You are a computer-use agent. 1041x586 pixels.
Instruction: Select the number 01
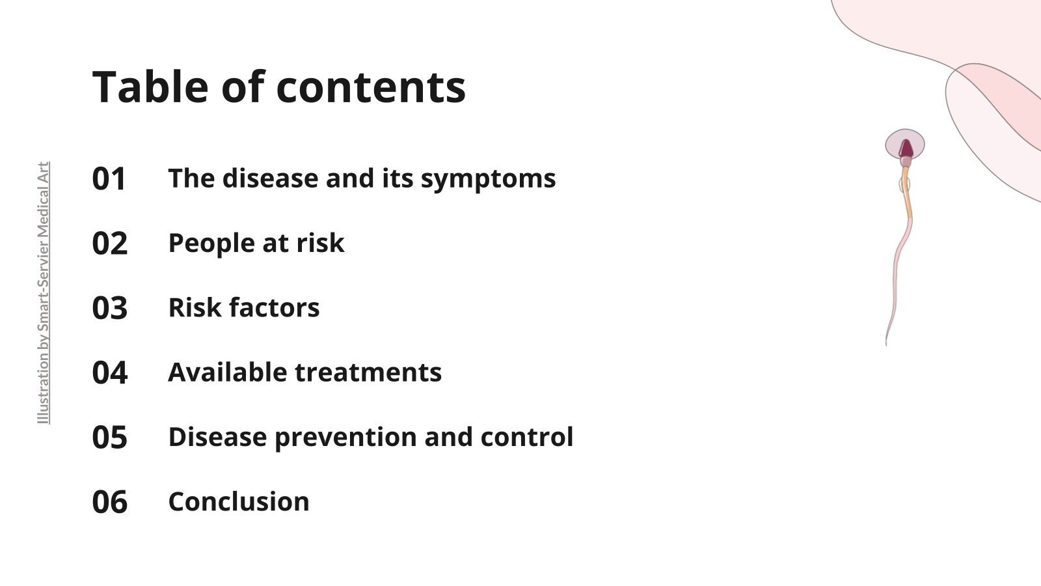109,179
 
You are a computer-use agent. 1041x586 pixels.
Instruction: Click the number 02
109,244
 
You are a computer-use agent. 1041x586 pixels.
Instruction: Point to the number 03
109,308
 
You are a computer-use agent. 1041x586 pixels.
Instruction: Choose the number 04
109,372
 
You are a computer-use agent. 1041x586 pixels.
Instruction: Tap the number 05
109,437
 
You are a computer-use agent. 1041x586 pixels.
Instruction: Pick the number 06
109,502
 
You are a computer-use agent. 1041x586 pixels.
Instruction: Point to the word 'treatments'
368,372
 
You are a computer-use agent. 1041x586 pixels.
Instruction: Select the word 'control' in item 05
527,437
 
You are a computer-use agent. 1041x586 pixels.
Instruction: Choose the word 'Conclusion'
239,501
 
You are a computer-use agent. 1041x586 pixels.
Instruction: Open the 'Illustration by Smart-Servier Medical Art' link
43,293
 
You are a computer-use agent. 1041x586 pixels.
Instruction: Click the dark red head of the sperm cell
906,149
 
